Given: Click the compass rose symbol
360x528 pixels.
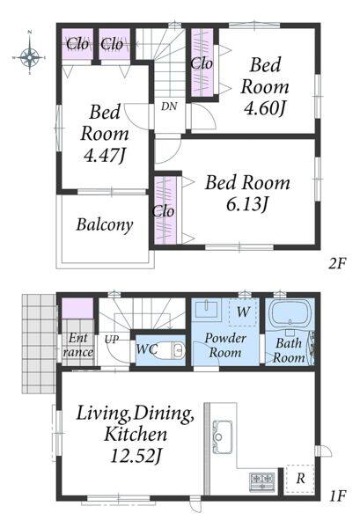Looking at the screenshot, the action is (30, 56).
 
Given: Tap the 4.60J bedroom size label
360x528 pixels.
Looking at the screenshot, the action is (265, 109).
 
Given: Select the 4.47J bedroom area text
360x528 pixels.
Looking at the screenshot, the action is (105, 156).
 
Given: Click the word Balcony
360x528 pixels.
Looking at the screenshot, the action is (105, 224).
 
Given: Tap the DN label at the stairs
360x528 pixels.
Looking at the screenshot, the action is (169, 106).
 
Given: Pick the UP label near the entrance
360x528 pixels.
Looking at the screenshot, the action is (112, 339).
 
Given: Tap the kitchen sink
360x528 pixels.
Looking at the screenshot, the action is (222, 436).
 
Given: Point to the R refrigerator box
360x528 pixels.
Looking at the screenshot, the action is (300, 479).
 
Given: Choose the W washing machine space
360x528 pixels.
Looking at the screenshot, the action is (243, 312).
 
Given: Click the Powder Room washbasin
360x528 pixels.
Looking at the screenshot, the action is (206, 309).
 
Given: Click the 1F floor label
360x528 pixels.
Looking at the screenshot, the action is (337, 496).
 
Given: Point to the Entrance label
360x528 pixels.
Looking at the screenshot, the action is (78, 345).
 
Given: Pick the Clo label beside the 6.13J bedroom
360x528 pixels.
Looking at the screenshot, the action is (163, 212).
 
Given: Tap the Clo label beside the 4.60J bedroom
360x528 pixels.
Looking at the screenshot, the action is (202, 63).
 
